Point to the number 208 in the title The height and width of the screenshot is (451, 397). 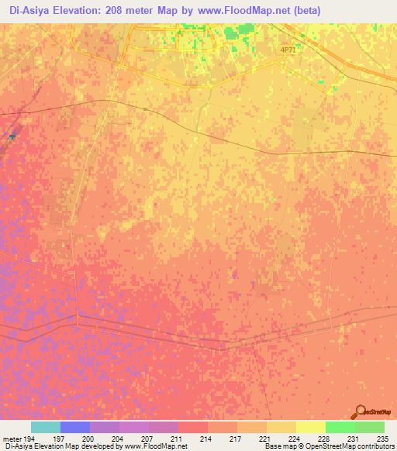click(x=120, y=10)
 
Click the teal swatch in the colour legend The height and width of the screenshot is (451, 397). click(x=46, y=427)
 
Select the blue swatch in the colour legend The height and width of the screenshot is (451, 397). click(x=75, y=427)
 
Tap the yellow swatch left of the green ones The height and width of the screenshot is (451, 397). click(x=310, y=427)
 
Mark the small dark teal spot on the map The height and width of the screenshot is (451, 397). click(x=12, y=136)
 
